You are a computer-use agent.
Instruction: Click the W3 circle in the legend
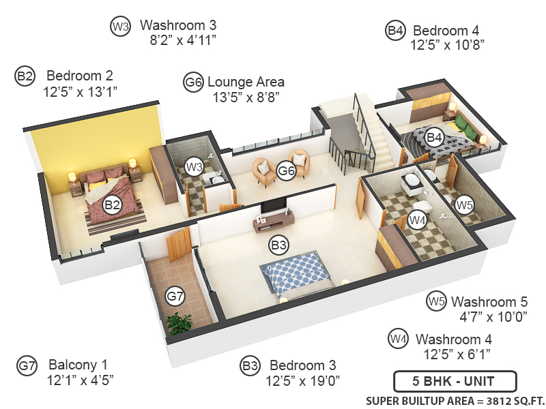(120, 27)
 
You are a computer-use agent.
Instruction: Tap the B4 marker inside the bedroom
(434, 138)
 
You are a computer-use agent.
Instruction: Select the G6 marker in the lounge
(287, 171)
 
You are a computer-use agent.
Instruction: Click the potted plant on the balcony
(180, 323)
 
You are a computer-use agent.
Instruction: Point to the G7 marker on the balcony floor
(175, 297)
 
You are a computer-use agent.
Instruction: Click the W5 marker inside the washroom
(465, 203)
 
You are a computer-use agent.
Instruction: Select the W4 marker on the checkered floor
(417, 220)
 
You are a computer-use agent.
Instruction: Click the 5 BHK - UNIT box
(455, 380)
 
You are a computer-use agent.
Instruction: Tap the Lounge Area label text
(246, 82)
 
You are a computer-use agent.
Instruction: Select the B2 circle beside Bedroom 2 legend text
(25, 76)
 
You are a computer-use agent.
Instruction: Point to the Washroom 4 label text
(453, 339)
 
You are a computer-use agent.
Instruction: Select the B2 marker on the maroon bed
(112, 204)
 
